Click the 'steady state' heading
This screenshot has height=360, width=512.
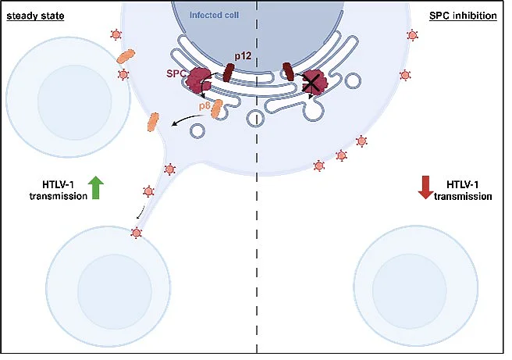[35, 16]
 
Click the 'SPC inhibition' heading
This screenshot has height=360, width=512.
[463, 16]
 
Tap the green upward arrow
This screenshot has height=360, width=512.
[96, 187]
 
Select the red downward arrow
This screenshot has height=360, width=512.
[426, 187]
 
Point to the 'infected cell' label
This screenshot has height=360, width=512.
[214, 15]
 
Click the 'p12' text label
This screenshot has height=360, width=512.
[244, 56]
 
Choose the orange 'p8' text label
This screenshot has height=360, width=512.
[204, 106]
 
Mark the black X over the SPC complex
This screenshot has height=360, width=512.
[311, 83]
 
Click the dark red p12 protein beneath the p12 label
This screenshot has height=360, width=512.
[229, 73]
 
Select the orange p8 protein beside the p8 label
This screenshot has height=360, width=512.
[217, 109]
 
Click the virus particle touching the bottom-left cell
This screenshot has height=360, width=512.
[136, 233]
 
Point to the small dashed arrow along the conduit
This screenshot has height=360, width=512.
[140, 214]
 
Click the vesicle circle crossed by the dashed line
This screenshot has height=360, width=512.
[255, 118]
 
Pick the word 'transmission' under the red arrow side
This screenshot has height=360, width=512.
[463, 196]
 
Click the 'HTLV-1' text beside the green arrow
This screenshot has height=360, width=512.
[59, 184]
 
